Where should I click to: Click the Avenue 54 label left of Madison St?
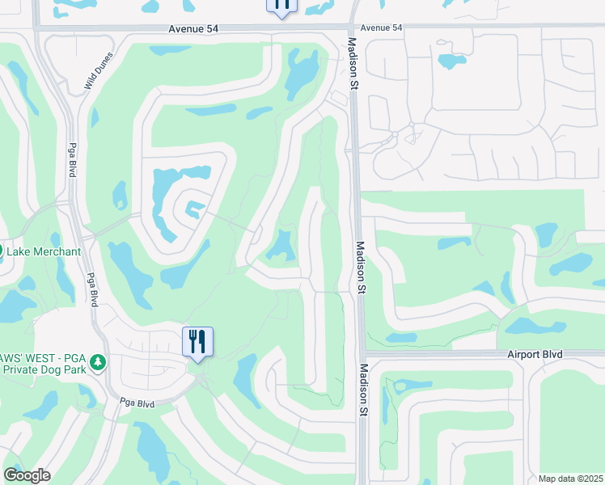tap(195, 28)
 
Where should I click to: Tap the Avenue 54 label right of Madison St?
tap(381, 28)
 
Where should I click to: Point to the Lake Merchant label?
tap(44, 251)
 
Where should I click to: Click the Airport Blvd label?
tap(534, 354)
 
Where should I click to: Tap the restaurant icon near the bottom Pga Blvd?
tap(197, 341)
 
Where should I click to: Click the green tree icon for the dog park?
tap(98, 362)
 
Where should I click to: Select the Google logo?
tap(27, 475)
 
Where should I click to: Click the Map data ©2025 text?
tap(571, 479)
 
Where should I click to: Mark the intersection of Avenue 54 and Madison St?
tap(353, 27)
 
